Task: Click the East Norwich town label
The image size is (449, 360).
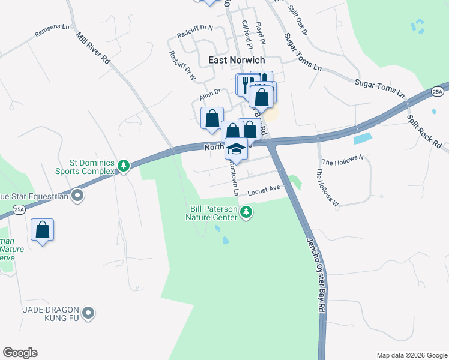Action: pyautogui.click(x=236, y=60)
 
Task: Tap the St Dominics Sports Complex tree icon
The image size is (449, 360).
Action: pyautogui.click(x=123, y=166)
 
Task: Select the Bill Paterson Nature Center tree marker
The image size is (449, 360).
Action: pyautogui.click(x=246, y=212)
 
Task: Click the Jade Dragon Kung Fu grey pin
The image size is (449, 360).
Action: pyautogui.click(x=89, y=312)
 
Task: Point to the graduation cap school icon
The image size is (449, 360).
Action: pyautogui.click(x=236, y=148)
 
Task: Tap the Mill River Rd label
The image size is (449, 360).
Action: pyautogui.click(x=94, y=48)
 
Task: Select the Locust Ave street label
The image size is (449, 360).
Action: pyautogui.click(x=264, y=188)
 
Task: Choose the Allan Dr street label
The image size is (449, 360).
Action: pyautogui.click(x=211, y=93)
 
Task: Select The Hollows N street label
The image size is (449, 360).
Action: pyautogui.click(x=343, y=160)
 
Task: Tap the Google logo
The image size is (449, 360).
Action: pyautogui.click(x=20, y=353)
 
